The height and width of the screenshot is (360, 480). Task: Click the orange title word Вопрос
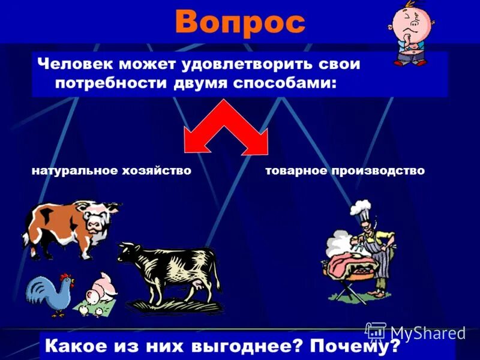[240, 23]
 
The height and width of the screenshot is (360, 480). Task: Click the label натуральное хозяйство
[111, 171]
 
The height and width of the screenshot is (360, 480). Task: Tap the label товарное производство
[345, 171]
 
